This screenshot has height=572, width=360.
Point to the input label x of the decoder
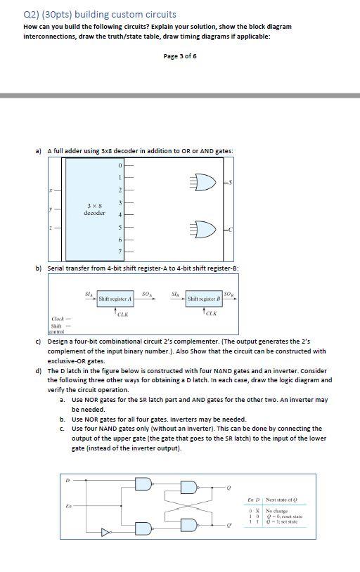pos(49,190)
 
